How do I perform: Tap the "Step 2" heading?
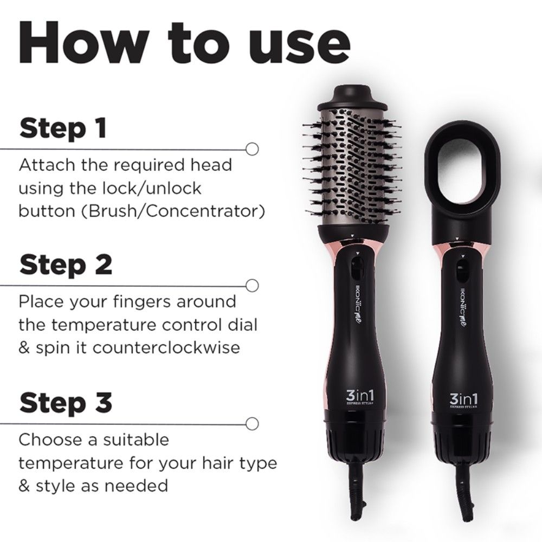coord(66,265)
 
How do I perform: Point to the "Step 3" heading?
coord(66,403)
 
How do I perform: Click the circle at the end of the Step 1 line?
coord(251,148)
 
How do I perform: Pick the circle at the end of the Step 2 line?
coord(251,285)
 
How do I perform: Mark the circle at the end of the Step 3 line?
coord(251,422)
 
